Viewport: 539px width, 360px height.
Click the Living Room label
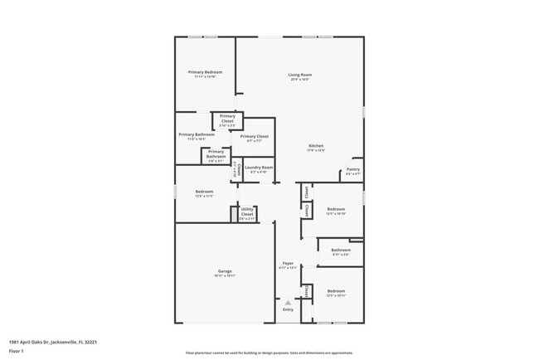pos(299,75)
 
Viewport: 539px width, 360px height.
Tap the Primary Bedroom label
pos(205,72)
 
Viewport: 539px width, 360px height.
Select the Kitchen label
pos(316,146)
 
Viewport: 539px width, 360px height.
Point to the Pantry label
pos(352,169)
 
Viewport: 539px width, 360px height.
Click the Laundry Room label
pos(259,168)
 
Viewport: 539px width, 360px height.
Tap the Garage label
pos(225,270)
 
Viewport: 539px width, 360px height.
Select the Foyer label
pos(288,263)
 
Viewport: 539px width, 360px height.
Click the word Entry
pos(288,309)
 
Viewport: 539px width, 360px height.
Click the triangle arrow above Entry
pos(288,302)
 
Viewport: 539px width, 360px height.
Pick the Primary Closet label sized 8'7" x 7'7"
pos(255,136)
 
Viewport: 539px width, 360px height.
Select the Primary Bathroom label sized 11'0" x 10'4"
pos(197,134)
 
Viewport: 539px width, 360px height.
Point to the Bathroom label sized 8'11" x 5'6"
pos(341,250)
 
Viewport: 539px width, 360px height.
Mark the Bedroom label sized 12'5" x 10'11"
pos(336,291)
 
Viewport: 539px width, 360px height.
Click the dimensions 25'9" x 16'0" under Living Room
pos(299,80)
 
